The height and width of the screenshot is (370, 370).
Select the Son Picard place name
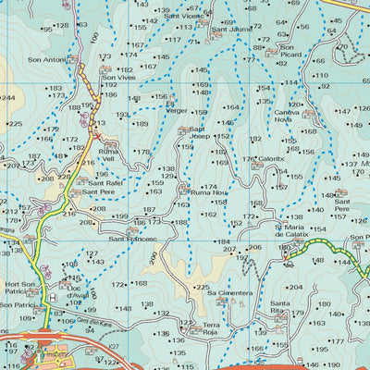pyautogui.click(x=292, y=55)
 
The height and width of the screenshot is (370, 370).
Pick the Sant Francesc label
pyautogui.click(x=133, y=239)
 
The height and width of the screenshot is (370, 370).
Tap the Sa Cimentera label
pyautogui.click(x=228, y=293)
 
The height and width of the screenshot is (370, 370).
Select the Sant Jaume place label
pyautogui.click(x=231, y=29)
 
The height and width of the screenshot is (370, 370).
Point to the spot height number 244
pyautogui.click(x=7, y=97)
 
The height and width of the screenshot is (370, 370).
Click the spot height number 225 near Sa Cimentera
pyautogui.click(x=202, y=288)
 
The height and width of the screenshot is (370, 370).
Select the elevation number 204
pyautogui.click(x=296, y=288)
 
